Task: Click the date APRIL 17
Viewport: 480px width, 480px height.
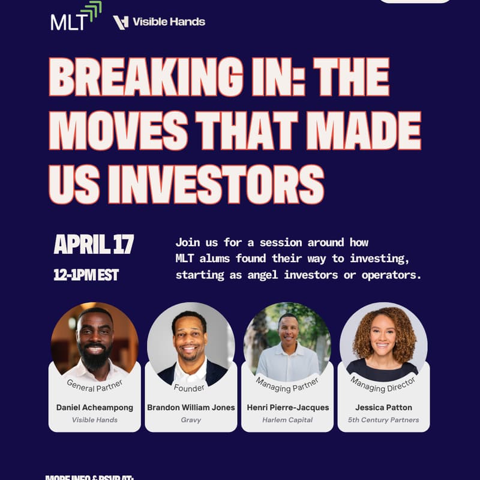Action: pyautogui.click(x=94, y=244)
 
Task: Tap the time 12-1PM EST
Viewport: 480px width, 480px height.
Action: pyautogui.click(x=86, y=275)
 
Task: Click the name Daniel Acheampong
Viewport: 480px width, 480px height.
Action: pyautogui.click(x=95, y=407)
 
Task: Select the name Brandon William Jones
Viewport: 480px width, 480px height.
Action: pyautogui.click(x=191, y=407)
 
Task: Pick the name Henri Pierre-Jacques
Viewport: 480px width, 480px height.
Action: pyautogui.click(x=287, y=407)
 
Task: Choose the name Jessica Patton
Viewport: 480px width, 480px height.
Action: pyautogui.click(x=383, y=407)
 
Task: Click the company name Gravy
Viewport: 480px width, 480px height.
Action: pyautogui.click(x=191, y=420)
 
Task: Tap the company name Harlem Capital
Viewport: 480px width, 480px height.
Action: pyautogui.click(x=287, y=420)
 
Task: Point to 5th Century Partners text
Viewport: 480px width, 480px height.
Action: pyautogui.click(x=383, y=420)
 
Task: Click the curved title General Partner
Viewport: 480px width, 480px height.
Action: pyautogui.click(x=94, y=385)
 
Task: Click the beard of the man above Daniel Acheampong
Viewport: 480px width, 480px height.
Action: pyautogui.click(x=95, y=358)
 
